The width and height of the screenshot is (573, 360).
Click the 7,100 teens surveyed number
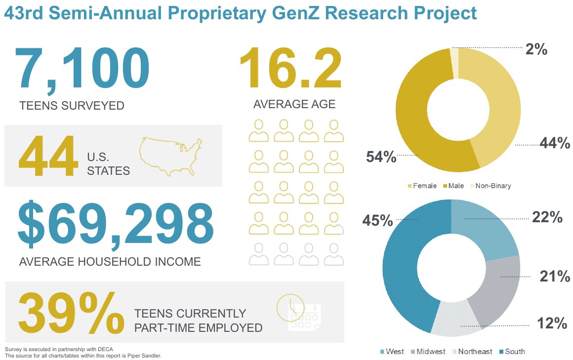(82, 69)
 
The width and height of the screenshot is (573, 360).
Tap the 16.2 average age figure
(290, 69)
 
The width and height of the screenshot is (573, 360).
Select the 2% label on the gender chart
(536, 49)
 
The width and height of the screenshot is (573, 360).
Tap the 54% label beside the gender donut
(381, 157)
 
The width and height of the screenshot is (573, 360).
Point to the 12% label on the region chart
(552, 323)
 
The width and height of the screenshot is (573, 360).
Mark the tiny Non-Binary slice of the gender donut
(453, 62)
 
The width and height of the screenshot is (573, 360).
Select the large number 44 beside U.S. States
(47, 158)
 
